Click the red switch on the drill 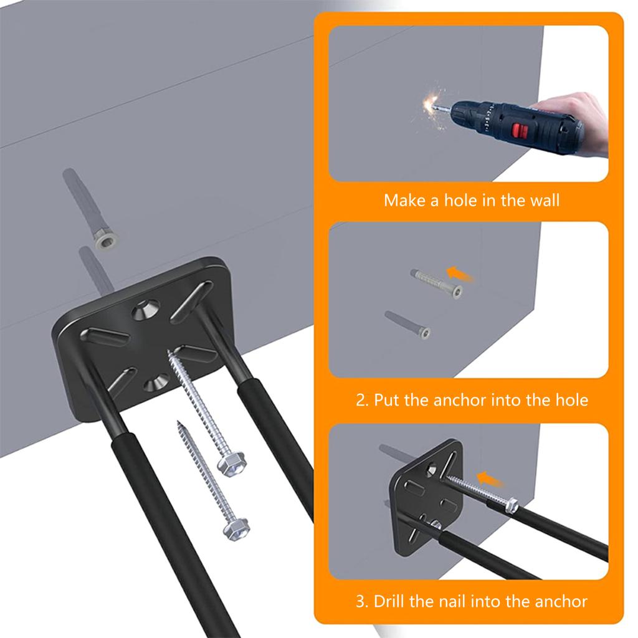coord(517,131)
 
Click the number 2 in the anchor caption coord(361,400)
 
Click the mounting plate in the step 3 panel coord(424,492)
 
